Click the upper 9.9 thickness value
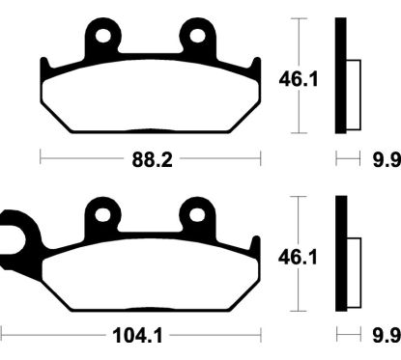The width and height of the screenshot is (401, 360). (x=386, y=160)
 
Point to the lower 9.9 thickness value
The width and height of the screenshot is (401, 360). (x=386, y=337)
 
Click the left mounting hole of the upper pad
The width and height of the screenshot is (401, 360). (x=101, y=39)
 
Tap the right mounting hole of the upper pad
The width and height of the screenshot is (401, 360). (x=200, y=39)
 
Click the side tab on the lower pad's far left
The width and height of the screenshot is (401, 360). (x=12, y=234)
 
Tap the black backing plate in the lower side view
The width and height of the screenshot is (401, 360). (x=340, y=255)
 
